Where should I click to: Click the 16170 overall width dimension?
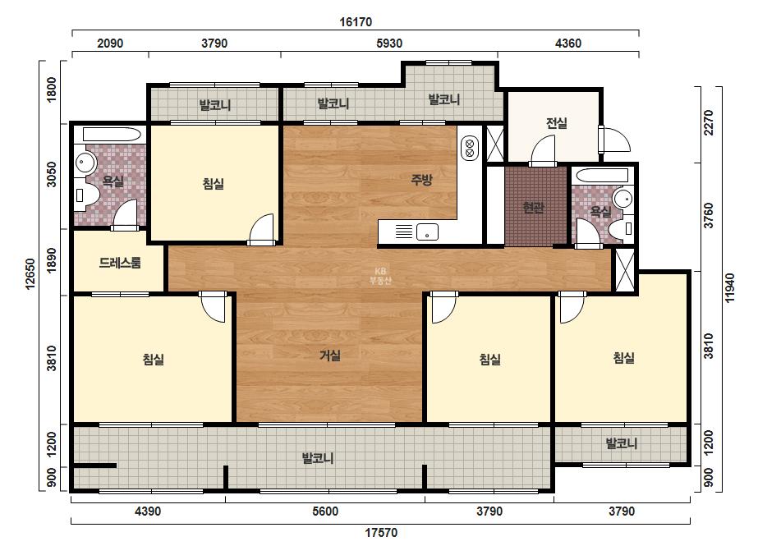356,21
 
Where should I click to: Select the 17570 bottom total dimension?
381,532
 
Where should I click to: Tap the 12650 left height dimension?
30,274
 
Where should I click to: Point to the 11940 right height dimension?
729,288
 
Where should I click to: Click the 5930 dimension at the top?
389,43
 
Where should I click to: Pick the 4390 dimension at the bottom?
148,511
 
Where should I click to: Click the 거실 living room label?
330,355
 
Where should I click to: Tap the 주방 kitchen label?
421,180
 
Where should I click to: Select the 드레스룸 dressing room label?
120,263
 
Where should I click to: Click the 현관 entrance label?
533,208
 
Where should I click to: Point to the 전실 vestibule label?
557,123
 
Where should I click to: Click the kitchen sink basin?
427,232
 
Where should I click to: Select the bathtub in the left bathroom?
112,134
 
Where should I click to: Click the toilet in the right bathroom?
621,228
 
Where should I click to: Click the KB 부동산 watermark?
380,277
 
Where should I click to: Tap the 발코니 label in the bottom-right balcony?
621,443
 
